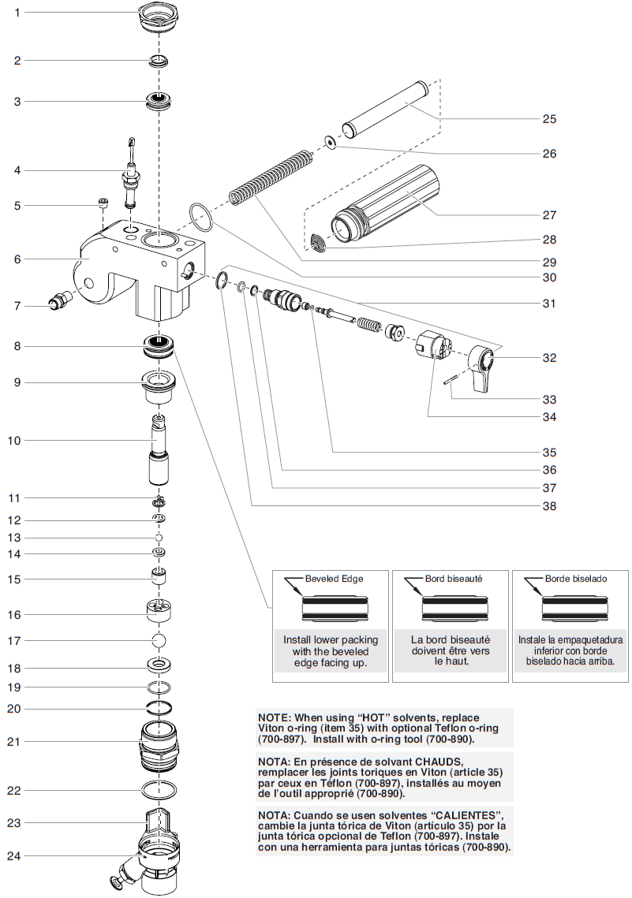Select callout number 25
pos(549,119)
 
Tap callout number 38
pos(549,506)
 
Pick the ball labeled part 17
pos(161,639)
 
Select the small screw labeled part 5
pos(103,204)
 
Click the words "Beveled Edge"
pos(334,579)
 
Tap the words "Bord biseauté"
pos(454,579)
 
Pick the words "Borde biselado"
pos(575,579)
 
